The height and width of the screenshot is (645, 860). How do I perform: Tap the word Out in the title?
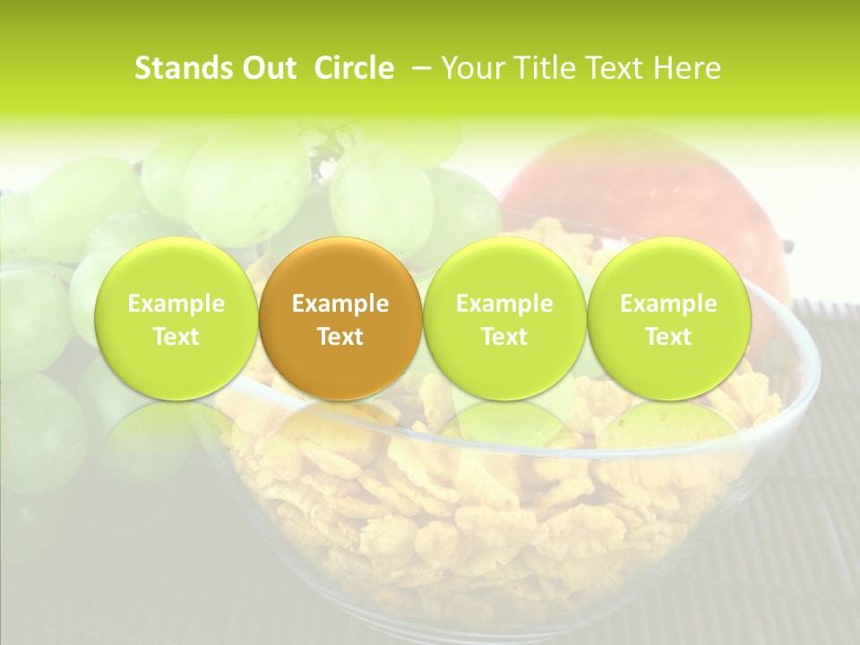[267, 68]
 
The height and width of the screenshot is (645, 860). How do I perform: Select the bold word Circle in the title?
[354, 68]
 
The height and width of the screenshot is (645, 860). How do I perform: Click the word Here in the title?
[687, 68]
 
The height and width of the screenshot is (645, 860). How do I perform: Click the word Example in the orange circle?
[340, 304]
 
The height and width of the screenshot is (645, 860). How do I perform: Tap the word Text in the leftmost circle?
[176, 337]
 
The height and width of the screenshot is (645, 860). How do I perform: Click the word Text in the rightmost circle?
[668, 337]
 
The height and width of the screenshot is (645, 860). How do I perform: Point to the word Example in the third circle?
[504, 304]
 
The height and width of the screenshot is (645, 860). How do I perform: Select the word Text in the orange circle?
[340, 337]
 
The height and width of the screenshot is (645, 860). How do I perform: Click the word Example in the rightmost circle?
[668, 304]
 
